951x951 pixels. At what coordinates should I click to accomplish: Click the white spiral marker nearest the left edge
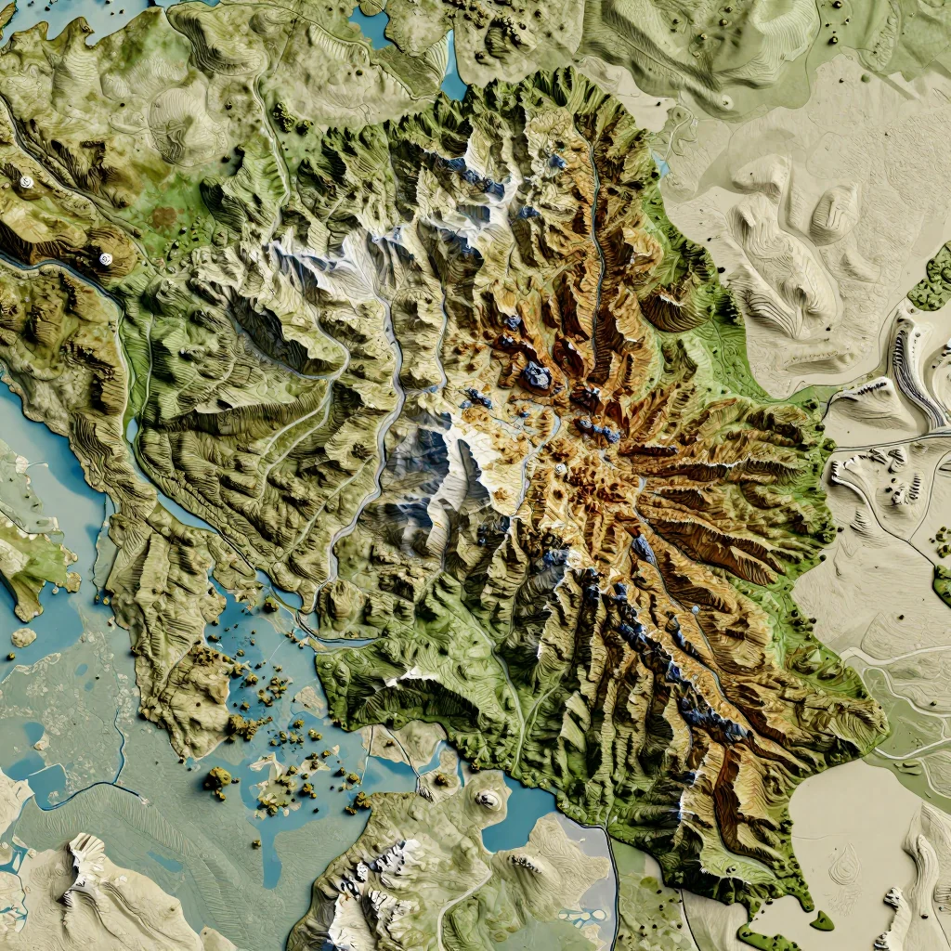pos(26,183)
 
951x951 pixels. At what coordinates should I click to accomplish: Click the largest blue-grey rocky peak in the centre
pos(536,376)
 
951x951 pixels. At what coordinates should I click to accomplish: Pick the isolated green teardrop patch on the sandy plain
pos(821,920)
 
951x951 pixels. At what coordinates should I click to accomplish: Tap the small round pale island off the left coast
pos(23,637)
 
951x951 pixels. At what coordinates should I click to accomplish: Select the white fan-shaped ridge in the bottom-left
pos(86,859)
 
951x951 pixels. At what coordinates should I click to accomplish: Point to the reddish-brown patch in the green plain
pos(164,219)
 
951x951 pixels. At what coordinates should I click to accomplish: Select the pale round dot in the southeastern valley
pos(696,610)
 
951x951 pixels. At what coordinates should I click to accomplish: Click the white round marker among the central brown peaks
pos(559,468)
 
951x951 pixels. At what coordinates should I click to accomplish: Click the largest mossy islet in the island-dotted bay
pos(219,780)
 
